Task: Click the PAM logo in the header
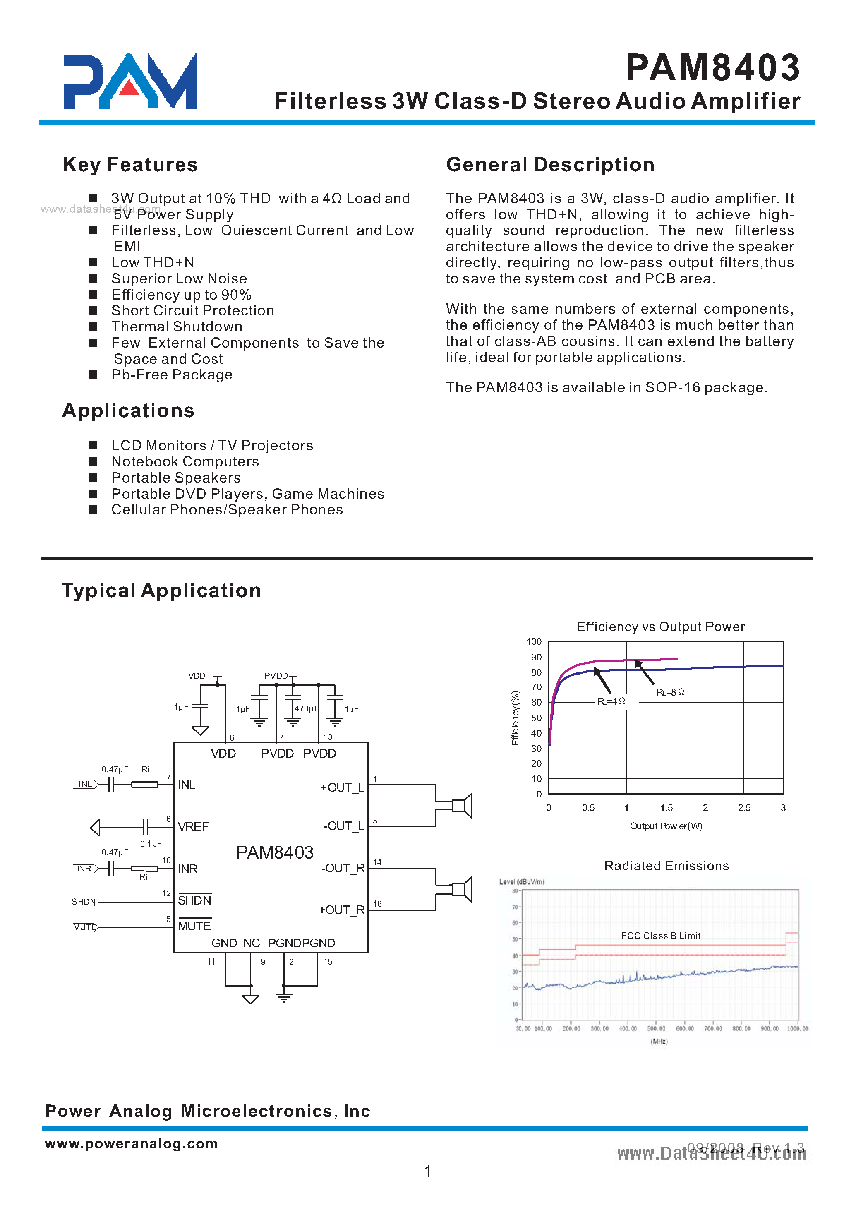point(130,81)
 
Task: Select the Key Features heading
point(130,165)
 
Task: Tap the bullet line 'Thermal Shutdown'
point(177,327)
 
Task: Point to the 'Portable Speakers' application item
point(176,478)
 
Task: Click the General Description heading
point(550,165)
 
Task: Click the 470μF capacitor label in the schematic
point(306,708)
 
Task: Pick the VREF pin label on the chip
point(194,827)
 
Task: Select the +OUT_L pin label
point(342,787)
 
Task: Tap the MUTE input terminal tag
point(85,927)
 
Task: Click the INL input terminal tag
point(85,785)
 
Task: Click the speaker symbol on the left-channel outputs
point(462,805)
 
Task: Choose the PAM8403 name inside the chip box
point(275,852)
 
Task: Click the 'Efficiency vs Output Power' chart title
point(660,627)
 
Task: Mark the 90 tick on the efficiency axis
point(536,657)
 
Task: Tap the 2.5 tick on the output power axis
point(744,808)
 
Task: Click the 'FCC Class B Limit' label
point(660,936)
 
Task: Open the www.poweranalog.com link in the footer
point(131,1143)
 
